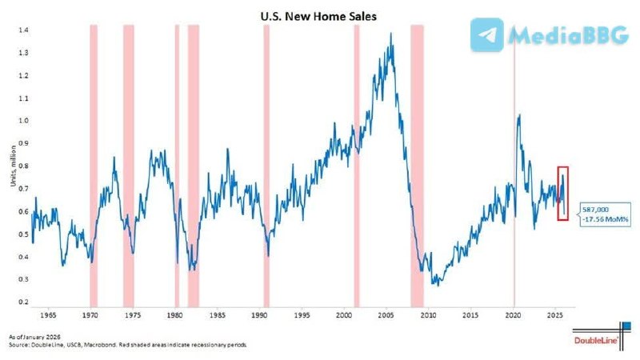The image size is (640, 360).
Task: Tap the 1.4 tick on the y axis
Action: coord(25,30)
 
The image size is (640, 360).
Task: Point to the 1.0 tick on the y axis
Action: coord(25,121)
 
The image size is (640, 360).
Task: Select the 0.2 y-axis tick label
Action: coord(25,302)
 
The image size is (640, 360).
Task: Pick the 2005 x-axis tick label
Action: coord(386,316)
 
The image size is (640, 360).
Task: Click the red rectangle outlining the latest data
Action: coord(562,194)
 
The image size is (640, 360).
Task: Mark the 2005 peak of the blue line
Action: coord(390,34)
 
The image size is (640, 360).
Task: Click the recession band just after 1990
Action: coord(266,160)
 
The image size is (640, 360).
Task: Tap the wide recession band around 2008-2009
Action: coord(417,160)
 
